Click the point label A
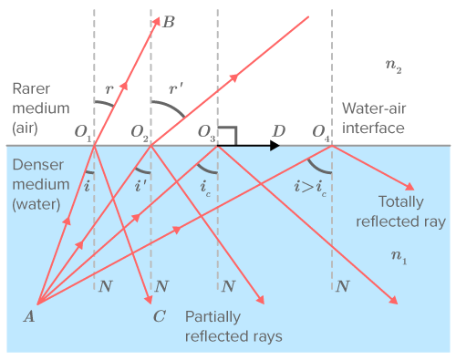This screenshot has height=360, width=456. (x=29, y=316)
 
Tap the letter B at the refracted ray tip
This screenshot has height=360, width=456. (x=169, y=22)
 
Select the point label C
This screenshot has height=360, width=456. (x=160, y=316)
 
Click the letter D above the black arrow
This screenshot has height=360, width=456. (x=279, y=131)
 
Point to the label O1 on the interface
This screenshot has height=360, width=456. (x=83, y=132)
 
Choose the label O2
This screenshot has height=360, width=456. (x=140, y=132)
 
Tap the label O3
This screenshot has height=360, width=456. (x=206, y=132)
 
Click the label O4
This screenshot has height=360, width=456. (x=321, y=132)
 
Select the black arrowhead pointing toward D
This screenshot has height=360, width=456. (x=275, y=146)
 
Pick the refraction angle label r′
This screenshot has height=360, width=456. (x=176, y=88)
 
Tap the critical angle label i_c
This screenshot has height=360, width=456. (x=205, y=188)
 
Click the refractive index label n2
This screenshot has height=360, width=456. (x=394, y=66)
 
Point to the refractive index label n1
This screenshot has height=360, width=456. (x=399, y=257)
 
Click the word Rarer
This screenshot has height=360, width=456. (x=31, y=89)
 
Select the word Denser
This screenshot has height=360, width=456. (x=38, y=165)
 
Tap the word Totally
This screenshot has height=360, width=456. (x=400, y=202)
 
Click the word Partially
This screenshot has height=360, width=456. (x=212, y=317)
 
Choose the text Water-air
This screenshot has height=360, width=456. (x=374, y=108)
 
